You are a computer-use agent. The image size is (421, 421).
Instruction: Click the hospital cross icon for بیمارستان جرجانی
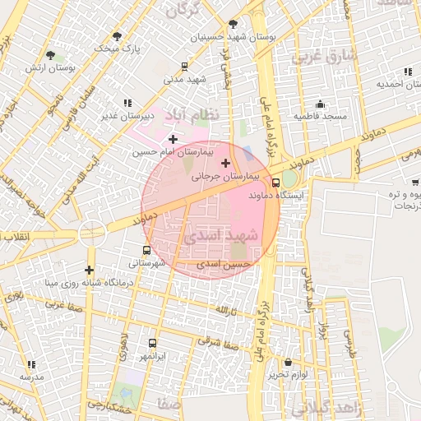pos(225,163)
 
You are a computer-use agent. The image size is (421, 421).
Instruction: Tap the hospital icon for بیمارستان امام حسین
pos(173,139)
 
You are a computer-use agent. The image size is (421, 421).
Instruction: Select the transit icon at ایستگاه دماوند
pos(275,183)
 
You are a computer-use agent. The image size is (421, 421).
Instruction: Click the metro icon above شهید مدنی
pos(183,66)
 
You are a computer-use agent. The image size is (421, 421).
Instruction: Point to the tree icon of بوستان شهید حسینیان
pos(233,24)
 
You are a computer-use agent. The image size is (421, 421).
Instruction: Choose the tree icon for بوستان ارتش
pos(51,55)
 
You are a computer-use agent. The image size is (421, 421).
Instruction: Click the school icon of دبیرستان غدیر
pos(127,103)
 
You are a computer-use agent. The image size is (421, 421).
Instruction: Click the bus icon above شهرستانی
pos(146,250)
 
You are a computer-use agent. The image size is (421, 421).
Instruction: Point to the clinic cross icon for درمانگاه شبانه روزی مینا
pos(89,270)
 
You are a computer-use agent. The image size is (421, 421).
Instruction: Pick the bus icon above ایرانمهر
pos(152,343)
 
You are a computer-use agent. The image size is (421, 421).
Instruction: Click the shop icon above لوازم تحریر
pos(288,363)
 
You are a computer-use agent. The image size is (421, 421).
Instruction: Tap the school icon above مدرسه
pos(31,363)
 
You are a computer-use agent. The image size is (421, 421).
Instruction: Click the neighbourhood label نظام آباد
pos(192,114)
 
